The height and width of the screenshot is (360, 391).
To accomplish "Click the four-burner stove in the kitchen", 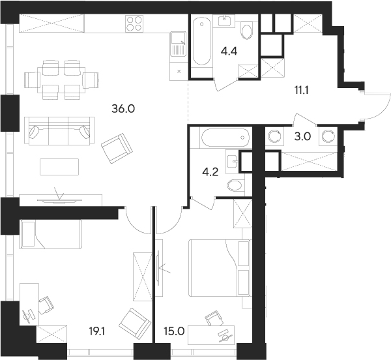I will (134, 23).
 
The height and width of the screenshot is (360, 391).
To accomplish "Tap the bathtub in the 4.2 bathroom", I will (224, 138).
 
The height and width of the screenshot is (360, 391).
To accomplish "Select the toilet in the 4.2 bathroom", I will (233, 186).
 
